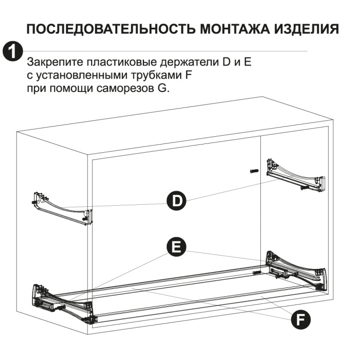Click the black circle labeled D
pos(176,201)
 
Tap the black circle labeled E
pos(176,247)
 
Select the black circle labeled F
pos(300,319)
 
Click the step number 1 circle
pos(13,51)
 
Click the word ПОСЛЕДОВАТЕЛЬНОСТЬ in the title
pos(112,29)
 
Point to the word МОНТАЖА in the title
pos(235,29)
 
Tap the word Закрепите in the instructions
pos(55,62)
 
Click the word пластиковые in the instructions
pos(121,62)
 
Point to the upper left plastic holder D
pos(62,208)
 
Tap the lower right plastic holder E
pos(296,272)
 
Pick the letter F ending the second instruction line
pos(188,75)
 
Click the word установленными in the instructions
pos(80,75)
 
